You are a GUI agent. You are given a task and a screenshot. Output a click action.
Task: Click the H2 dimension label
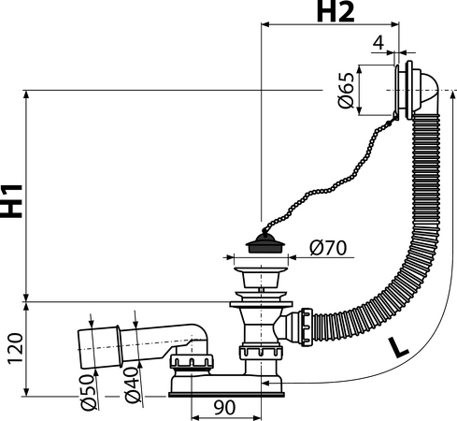pyautogui.click(x=336, y=12)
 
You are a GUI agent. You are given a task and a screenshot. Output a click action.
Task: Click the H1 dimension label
pyautogui.click(x=11, y=201)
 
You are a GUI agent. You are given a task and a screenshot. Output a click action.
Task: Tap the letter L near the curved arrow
pyautogui.click(x=397, y=347)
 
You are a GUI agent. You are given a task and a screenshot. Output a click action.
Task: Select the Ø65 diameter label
pyautogui.click(x=347, y=91)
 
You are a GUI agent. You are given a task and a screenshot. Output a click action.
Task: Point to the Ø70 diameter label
pyautogui.click(x=328, y=248)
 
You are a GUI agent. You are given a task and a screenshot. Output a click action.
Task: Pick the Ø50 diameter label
pyautogui.click(x=87, y=392)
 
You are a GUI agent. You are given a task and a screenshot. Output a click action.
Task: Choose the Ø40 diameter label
pyautogui.click(x=132, y=385)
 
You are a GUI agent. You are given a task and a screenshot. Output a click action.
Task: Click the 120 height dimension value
pyautogui.click(x=15, y=348)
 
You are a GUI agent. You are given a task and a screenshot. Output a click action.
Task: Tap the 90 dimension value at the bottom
pyautogui.click(x=224, y=408)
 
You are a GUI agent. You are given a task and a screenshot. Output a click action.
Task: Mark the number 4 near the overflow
pyautogui.click(x=378, y=43)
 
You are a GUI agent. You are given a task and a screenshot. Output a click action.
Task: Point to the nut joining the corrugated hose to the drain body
pyautogui.click(x=307, y=327)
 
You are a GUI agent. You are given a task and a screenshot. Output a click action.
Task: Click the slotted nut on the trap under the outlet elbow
pyautogui.click(x=192, y=361)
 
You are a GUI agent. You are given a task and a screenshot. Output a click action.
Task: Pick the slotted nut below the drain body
pyautogui.click(x=261, y=352)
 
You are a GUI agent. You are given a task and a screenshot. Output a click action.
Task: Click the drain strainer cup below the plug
pyautogui.click(x=261, y=277)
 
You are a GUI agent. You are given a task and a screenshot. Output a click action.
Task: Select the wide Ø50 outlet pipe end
pyautogui.click(x=98, y=348)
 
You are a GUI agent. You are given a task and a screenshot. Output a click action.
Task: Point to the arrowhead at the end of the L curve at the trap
pyautogui.click(x=265, y=383)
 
